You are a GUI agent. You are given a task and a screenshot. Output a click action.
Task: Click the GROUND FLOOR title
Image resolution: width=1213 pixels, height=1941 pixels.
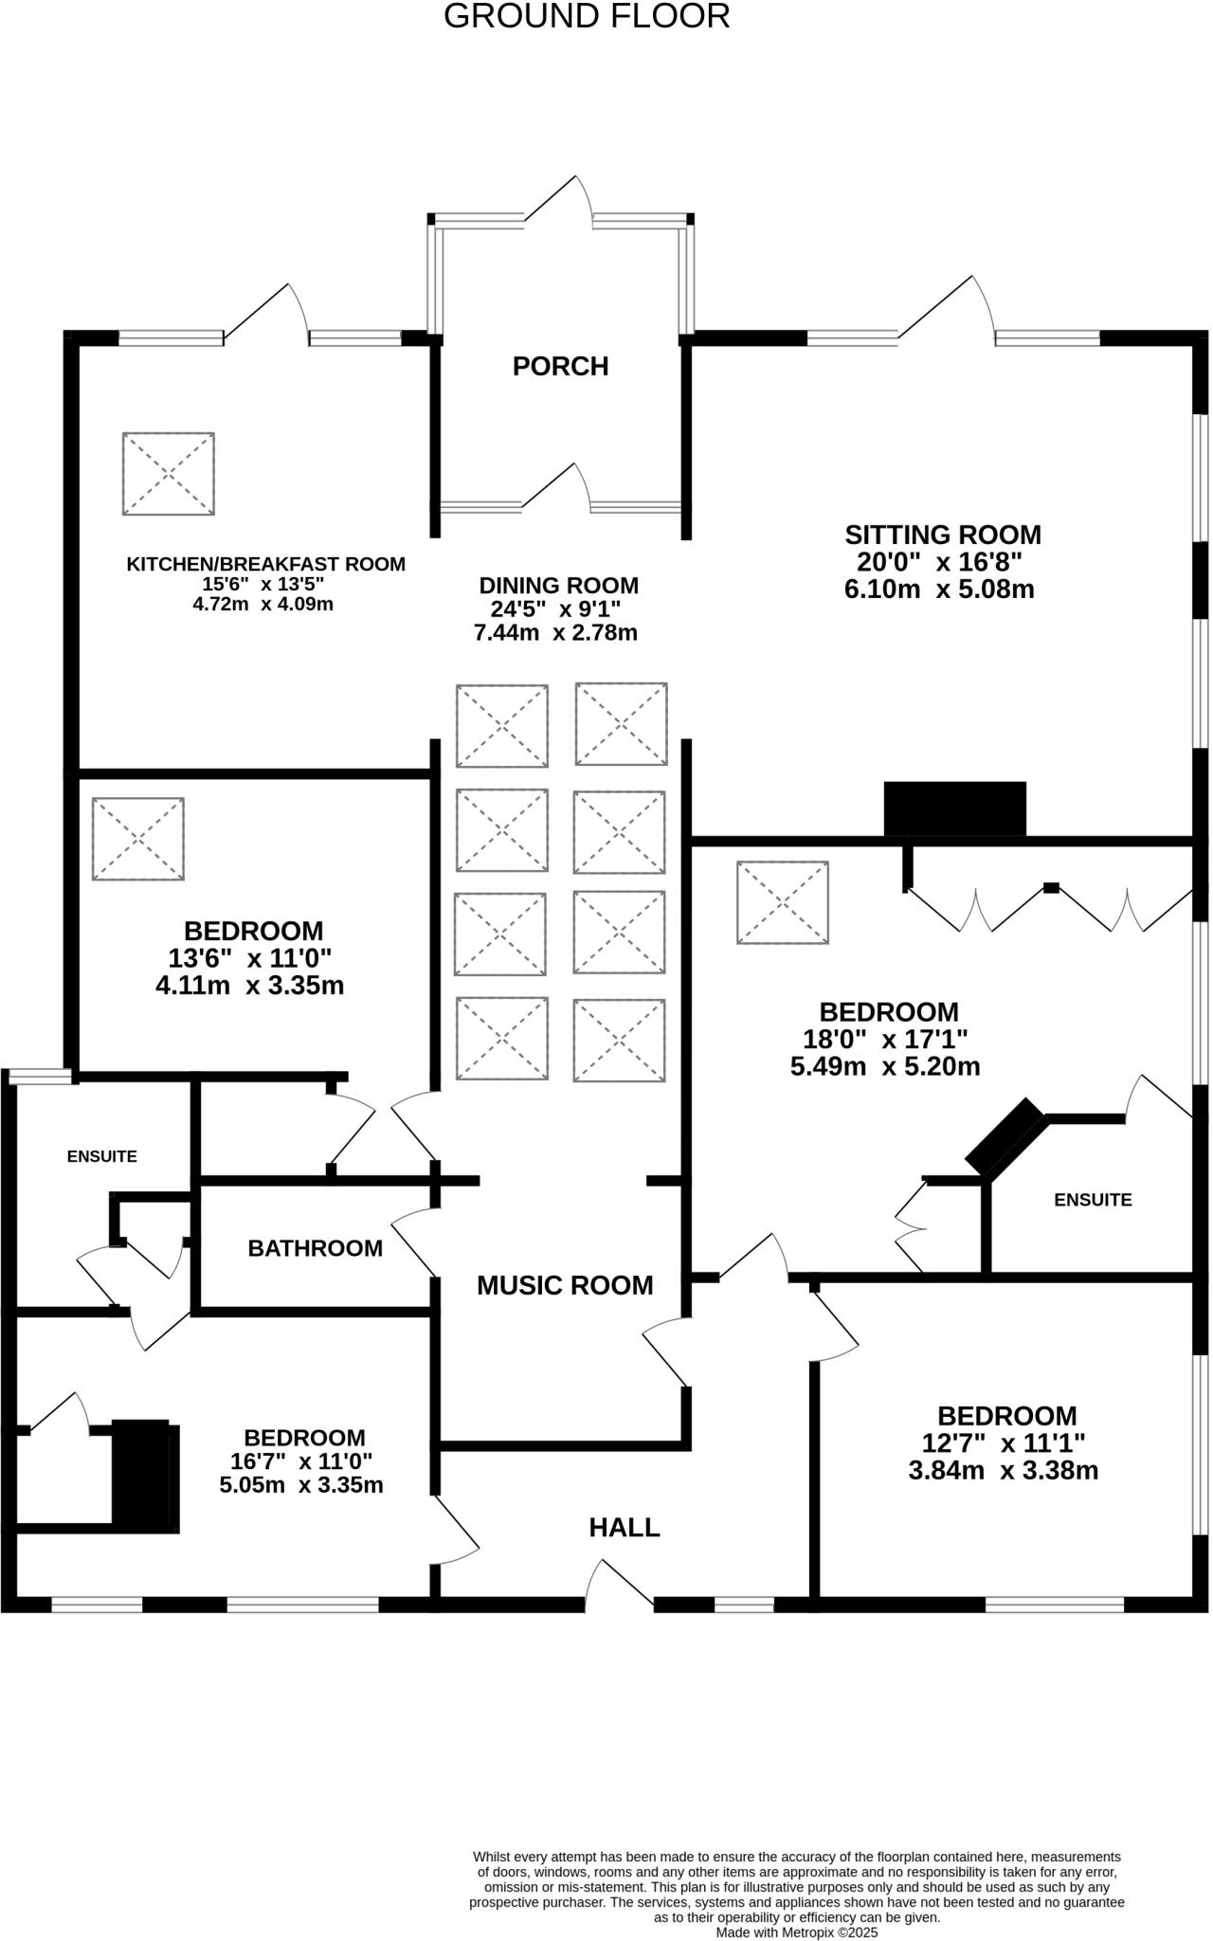587,17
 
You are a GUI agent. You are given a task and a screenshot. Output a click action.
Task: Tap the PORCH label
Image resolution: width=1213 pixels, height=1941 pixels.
560,366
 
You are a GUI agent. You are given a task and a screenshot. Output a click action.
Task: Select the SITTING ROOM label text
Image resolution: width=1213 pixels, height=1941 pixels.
942,535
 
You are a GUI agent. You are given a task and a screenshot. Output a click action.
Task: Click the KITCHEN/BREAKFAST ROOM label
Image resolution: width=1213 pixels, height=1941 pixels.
265,564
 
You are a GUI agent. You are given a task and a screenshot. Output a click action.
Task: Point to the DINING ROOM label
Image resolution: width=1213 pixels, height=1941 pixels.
558,585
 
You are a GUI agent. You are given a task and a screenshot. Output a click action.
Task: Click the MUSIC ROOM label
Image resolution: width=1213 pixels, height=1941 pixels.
565,1285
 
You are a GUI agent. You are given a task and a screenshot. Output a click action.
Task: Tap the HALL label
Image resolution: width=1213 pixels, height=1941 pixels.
624,1527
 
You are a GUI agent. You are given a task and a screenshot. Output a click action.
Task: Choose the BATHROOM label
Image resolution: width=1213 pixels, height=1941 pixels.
315,1248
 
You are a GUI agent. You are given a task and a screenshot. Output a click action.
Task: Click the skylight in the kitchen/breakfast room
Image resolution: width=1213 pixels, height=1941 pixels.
168,474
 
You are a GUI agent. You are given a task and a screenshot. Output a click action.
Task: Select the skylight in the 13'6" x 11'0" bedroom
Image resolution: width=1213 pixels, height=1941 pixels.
138,839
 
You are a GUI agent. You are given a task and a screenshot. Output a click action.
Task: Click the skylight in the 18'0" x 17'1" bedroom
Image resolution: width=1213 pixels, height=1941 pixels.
783,902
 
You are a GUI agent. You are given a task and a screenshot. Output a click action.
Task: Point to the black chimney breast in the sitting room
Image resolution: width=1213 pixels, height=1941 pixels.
954,808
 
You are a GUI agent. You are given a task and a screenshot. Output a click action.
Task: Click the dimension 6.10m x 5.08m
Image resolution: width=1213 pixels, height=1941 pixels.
938,590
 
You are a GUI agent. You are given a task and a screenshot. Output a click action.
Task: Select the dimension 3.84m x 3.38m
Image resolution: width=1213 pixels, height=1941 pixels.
1003,1470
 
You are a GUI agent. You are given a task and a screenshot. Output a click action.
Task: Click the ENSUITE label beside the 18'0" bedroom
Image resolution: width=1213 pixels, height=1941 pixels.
1093,1200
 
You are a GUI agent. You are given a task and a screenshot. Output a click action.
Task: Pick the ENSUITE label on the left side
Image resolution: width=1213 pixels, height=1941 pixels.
101,1156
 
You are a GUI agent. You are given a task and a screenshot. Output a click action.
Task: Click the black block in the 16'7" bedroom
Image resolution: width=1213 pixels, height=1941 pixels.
145,1475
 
